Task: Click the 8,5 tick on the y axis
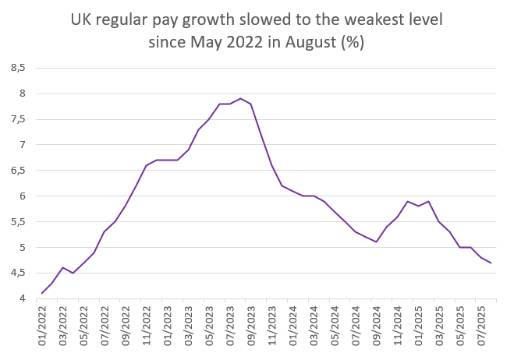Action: point(18,68)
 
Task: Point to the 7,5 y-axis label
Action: point(18,119)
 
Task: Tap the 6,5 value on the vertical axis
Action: point(18,171)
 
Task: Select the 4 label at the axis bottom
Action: point(23,298)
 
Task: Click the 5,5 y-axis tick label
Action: point(18,222)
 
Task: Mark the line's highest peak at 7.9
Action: point(240,99)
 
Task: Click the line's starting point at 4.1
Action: point(42,294)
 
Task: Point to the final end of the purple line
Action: point(491,263)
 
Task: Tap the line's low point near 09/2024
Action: point(376,242)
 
